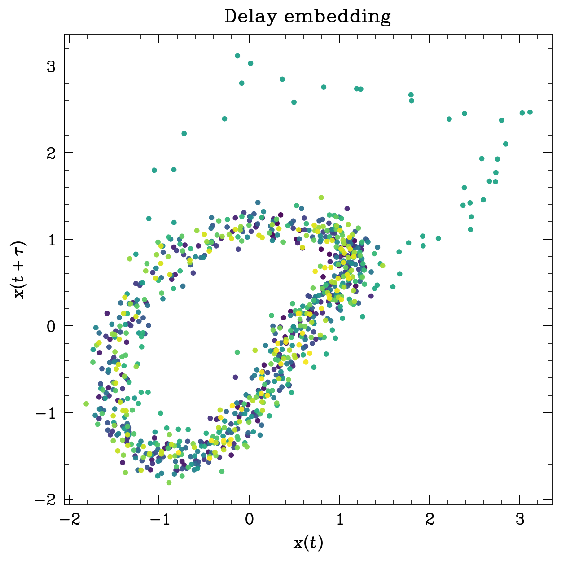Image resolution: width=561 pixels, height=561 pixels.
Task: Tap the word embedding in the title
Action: (x=338, y=17)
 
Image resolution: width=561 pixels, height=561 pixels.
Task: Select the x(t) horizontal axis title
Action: (x=308, y=543)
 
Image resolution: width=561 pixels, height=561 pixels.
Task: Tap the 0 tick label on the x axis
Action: (x=250, y=520)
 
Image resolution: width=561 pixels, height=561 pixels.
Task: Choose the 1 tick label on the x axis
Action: (x=340, y=520)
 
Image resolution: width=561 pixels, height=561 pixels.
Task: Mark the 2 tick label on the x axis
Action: (x=430, y=520)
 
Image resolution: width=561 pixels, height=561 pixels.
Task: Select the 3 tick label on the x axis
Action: (x=520, y=520)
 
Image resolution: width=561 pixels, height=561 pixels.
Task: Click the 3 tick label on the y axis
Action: (x=52, y=66)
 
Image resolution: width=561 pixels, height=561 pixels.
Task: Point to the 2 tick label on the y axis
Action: (x=52, y=153)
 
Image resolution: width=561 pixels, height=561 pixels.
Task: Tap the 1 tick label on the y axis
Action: (x=52, y=240)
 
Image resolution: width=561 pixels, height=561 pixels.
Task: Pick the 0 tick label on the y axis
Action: (x=52, y=326)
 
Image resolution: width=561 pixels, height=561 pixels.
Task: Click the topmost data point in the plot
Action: (x=237, y=56)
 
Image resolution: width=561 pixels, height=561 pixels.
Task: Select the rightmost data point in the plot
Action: (x=530, y=112)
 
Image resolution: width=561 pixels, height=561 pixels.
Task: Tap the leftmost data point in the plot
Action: (x=86, y=404)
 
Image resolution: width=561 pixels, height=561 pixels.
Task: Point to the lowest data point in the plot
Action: (x=169, y=482)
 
